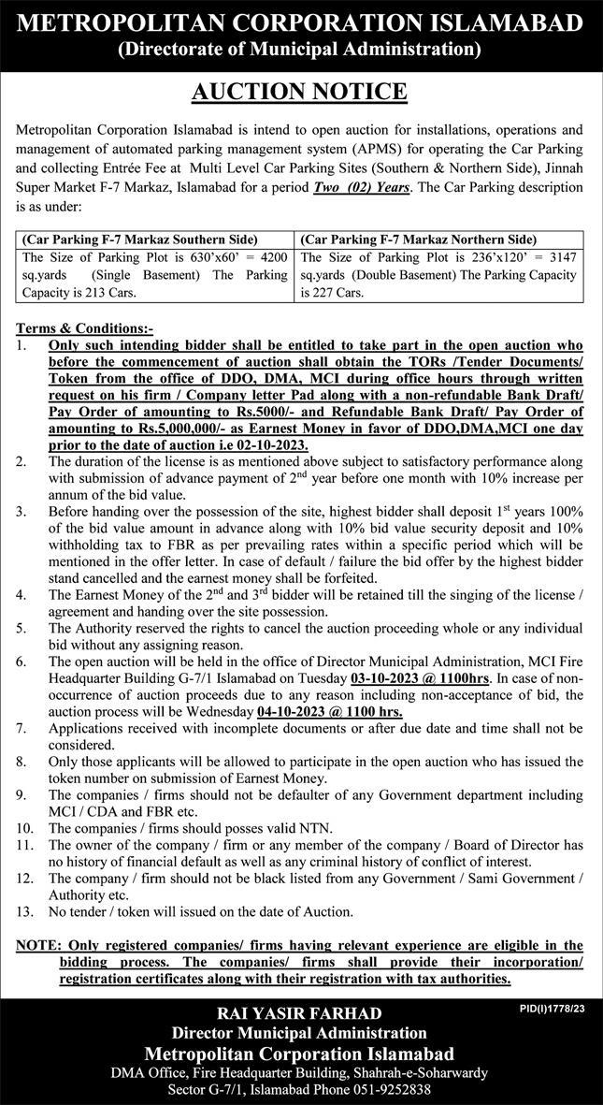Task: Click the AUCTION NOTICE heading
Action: (301, 92)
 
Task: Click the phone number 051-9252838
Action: (397, 1089)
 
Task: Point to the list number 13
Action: (25, 910)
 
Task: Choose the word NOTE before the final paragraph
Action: (38, 945)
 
